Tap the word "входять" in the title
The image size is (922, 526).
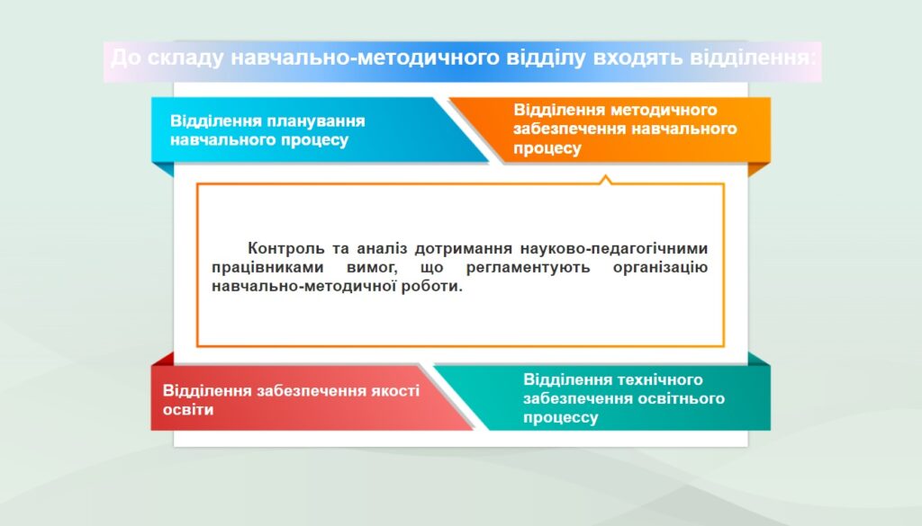637,58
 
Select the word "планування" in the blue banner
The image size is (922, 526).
316,121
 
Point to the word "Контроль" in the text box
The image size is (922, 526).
285,248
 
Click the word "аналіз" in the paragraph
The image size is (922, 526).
382,248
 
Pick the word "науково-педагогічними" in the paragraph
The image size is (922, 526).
614,248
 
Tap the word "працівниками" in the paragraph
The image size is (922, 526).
267,268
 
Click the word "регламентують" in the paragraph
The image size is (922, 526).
528,268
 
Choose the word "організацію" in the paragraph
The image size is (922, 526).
660,268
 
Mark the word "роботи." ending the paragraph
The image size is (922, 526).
432,287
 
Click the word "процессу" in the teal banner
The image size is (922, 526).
561,417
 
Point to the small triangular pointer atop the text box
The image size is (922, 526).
606,180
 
